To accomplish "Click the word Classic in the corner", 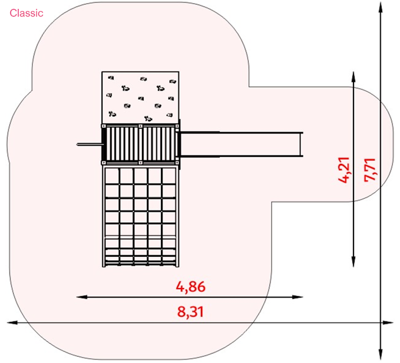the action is (x=26, y=13).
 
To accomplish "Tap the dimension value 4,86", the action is (x=190, y=287).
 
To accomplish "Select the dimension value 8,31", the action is (x=190, y=312).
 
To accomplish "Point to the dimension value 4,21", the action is (x=343, y=170).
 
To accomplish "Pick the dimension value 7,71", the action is (x=369, y=170).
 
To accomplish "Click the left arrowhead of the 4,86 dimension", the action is (x=81, y=297).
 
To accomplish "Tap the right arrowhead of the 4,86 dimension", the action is (x=297, y=297).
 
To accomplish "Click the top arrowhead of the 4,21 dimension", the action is (x=353, y=77).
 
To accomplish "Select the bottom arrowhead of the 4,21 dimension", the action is (x=353, y=262).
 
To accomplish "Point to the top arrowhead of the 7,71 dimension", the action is (x=380, y=7).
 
